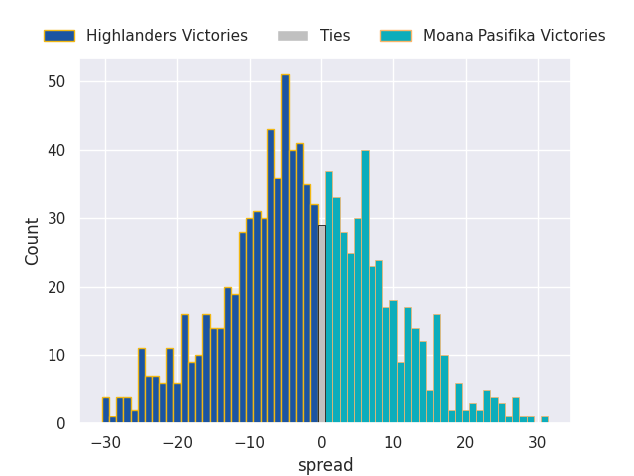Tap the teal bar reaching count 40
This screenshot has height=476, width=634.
(x=365, y=288)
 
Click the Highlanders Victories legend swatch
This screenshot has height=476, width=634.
(x=58, y=36)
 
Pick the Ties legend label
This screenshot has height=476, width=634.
(x=335, y=36)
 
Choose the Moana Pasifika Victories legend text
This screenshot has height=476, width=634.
(x=513, y=36)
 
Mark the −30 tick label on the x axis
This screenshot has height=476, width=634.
(x=106, y=443)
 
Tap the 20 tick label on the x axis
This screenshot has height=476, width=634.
(x=465, y=443)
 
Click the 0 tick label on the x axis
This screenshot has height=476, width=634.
(x=321, y=443)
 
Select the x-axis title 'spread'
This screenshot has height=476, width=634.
(x=325, y=465)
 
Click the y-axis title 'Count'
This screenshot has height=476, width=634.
(x=33, y=241)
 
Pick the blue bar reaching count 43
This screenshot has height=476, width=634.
(x=271, y=278)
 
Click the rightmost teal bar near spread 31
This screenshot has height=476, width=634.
(x=544, y=420)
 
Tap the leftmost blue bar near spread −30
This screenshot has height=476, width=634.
(x=106, y=411)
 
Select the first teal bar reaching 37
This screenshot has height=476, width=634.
(x=329, y=297)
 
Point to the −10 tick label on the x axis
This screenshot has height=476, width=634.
(x=250, y=443)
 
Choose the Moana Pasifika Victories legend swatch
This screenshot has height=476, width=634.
(x=395, y=36)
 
